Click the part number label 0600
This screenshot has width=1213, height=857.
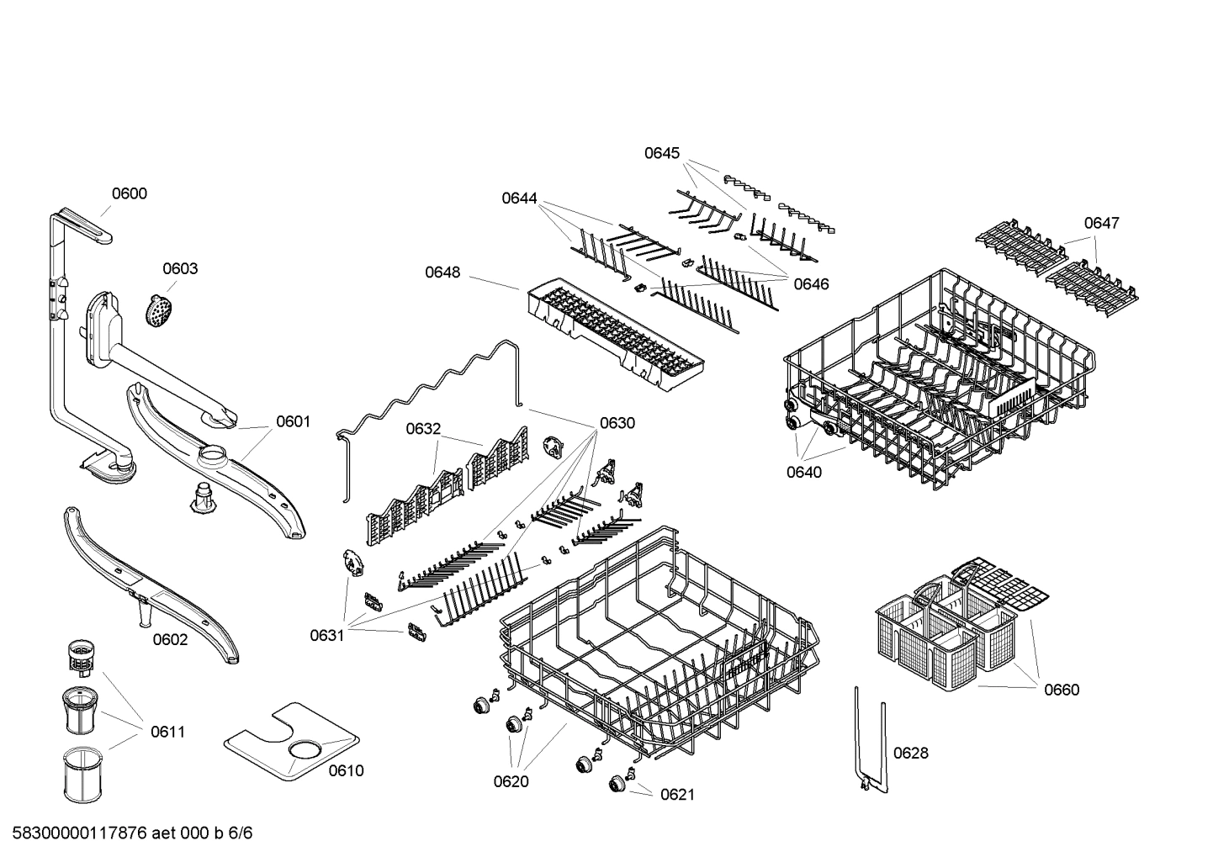(x=129, y=193)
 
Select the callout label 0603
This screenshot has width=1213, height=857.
(x=180, y=268)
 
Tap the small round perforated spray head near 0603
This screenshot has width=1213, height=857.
(x=157, y=310)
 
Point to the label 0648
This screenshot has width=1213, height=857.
(x=442, y=272)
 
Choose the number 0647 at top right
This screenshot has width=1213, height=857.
(x=1101, y=223)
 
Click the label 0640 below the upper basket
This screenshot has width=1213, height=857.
(x=804, y=472)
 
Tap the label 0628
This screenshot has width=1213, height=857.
(x=911, y=753)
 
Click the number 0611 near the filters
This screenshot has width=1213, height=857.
(x=167, y=732)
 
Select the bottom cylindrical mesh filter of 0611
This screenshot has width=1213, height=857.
(x=82, y=774)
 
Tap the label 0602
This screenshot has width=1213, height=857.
(x=170, y=639)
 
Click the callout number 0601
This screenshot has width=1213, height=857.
(x=293, y=421)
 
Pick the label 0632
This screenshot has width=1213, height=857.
(x=423, y=429)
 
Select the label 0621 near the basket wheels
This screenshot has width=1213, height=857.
(x=677, y=794)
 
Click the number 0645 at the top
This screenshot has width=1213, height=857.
(x=662, y=153)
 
